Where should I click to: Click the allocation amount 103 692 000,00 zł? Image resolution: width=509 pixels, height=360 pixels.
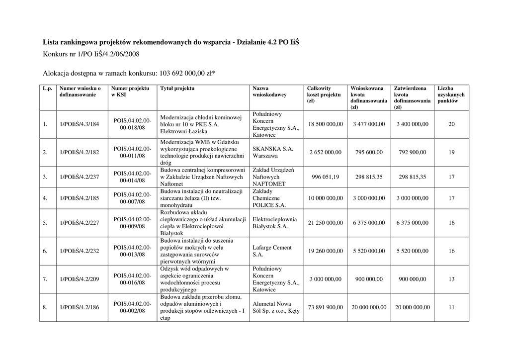point(187,74)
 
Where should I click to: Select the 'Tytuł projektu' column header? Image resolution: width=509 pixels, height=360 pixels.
point(177,89)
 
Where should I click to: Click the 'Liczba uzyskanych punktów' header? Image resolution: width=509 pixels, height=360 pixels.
point(451,94)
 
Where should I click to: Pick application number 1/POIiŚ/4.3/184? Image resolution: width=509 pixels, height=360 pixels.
point(80,124)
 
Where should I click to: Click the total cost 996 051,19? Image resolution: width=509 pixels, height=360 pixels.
point(325,177)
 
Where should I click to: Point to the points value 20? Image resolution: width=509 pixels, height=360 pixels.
point(451,124)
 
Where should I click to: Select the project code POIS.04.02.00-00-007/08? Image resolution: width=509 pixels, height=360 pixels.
point(132,198)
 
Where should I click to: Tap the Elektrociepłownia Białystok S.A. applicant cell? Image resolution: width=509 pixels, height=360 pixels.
point(275,223)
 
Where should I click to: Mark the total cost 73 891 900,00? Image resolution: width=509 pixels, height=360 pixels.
point(325,307)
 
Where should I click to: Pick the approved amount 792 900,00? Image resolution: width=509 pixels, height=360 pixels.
point(412,153)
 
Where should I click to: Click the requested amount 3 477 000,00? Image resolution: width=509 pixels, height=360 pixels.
point(369,124)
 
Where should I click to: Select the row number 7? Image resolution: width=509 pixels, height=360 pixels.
point(45,279)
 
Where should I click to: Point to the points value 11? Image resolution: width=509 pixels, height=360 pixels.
point(451,307)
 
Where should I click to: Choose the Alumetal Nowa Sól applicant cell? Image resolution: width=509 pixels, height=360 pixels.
point(276,307)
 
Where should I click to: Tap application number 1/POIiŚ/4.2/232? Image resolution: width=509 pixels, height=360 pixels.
point(80,251)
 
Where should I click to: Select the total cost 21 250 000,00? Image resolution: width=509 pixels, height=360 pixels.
point(325,223)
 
